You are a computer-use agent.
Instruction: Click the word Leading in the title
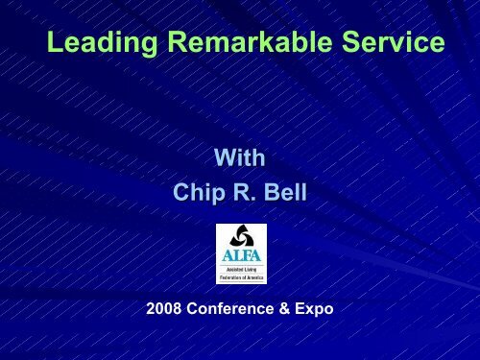coord(102,42)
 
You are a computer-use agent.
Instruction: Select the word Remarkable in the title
coord(250,41)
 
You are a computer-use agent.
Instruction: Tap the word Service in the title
coord(394,41)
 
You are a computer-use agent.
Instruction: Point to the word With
coord(240,157)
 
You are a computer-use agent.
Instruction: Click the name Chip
coord(199,193)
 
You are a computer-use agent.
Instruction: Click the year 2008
coord(164,309)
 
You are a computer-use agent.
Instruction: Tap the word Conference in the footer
coord(230,309)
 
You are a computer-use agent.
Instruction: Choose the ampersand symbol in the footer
coord(284,309)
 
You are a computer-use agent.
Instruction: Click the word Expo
coord(314,309)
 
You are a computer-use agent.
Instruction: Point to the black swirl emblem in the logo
coord(242,235)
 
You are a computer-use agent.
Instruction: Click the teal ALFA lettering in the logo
coord(242,255)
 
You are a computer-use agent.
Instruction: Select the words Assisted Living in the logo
coord(241,270)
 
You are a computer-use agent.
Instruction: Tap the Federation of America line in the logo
coord(242,277)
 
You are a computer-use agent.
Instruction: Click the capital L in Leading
coord(55,41)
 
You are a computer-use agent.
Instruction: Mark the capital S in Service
coord(350,41)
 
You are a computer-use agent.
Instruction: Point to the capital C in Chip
coord(181,192)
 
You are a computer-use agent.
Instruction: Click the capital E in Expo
coord(300,308)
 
